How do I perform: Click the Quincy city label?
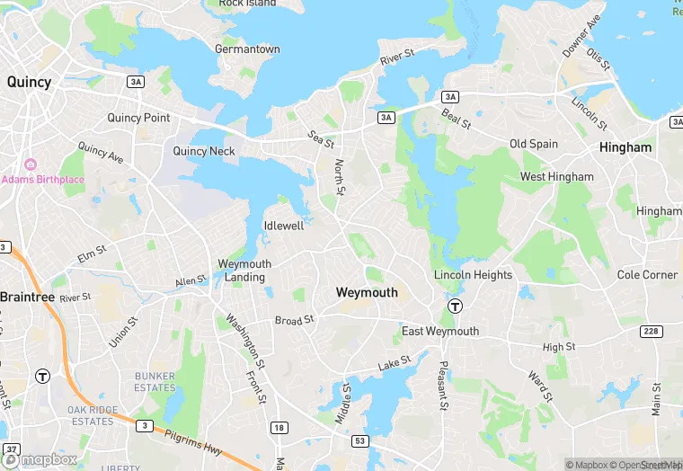tap(29, 81)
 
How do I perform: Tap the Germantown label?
tap(247, 49)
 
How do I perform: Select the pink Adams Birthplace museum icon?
tap(31, 164)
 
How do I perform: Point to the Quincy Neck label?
tap(204, 151)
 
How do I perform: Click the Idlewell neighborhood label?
tap(283, 226)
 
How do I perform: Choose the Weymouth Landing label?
tap(244, 271)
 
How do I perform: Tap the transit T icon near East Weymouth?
tap(456, 306)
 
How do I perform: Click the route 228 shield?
tap(652, 332)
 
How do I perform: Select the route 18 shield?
tap(279, 428)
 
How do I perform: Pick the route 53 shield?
tap(359, 440)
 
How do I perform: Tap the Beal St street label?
tap(456, 119)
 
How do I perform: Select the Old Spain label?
tap(534, 144)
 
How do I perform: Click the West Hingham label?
tap(557, 177)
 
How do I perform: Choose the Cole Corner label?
tap(647, 274)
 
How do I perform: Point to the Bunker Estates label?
tap(155, 382)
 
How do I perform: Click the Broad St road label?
tap(294, 320)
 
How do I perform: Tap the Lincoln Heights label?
tap(473, 275)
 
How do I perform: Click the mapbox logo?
tap(40, 458)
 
